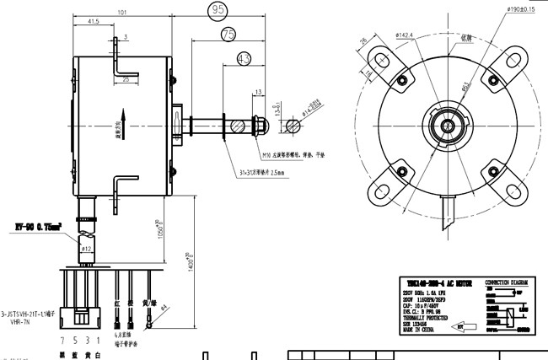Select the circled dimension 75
pyautogui.click(x=228, y=35)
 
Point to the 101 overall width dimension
pyautogui.click(x=122, y=13)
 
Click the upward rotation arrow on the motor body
pyautogui.click(x=124, y=120)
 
